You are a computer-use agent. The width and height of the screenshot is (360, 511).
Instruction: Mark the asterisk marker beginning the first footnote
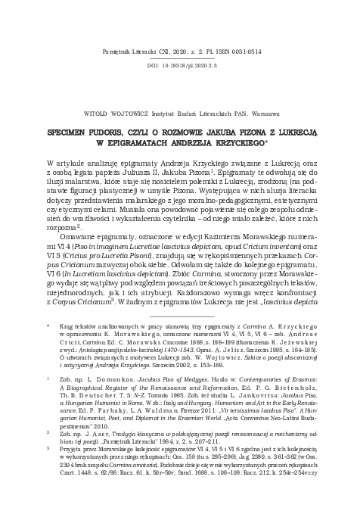pos(48,321)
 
